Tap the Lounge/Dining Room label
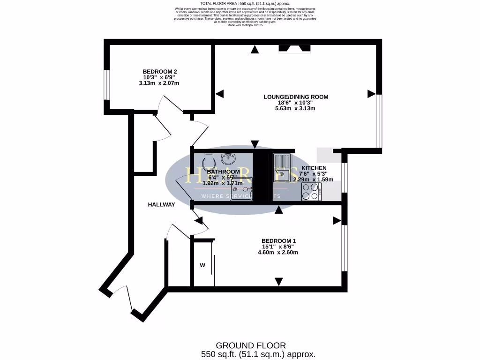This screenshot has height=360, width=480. coord(296,97)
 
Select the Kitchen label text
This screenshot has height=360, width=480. coord(314,168)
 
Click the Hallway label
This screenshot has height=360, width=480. coord(161,204)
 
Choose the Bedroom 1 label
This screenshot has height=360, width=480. coord(278,241)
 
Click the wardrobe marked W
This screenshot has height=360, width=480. coord(203,265)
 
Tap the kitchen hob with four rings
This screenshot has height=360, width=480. coord(311,191)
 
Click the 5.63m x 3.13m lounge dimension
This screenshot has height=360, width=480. coord(295,108)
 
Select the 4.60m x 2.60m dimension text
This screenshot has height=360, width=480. coord(278,252)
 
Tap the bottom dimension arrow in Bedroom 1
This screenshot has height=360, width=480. coord(279,281)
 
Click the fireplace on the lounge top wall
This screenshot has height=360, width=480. coord(294,48)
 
